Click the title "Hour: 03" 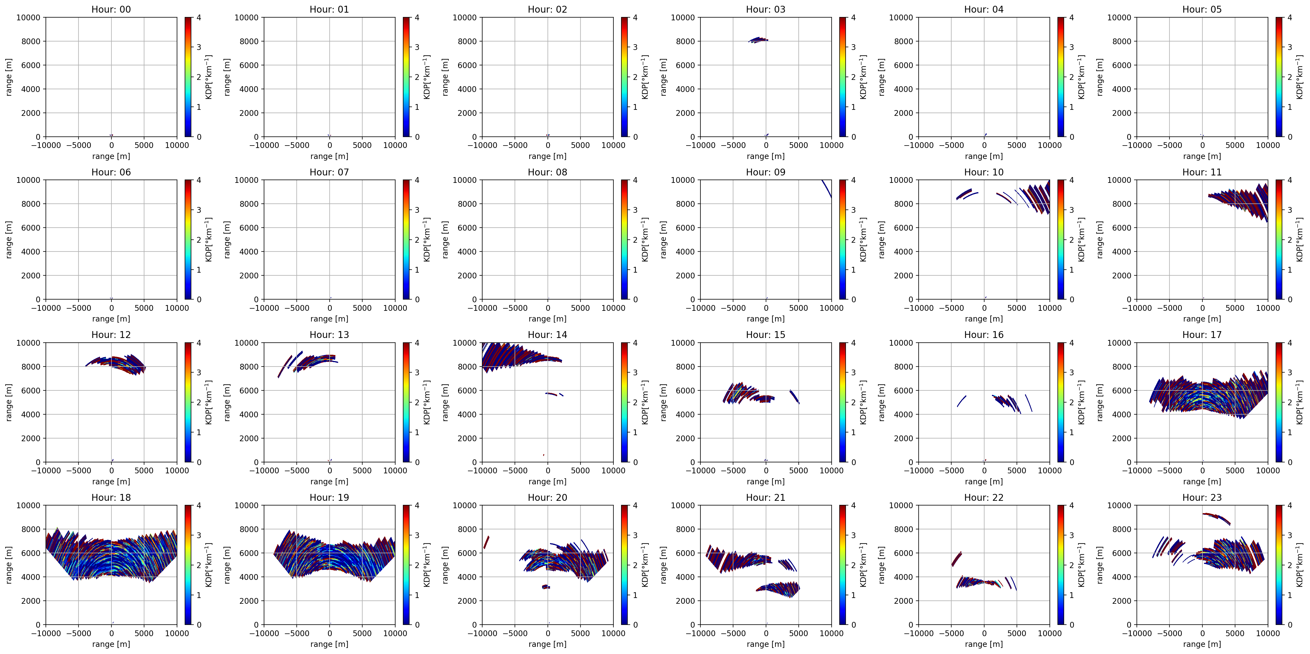[765, 9]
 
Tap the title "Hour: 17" [1202, 335]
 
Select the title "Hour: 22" [983, 498]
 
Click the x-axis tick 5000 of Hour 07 [362, 308]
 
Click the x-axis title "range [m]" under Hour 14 [547, 482]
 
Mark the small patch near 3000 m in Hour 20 [546, 587]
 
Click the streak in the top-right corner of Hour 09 [826, 188]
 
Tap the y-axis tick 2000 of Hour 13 [249, 438]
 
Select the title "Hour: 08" [547, 172]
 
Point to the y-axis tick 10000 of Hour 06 [29, 180]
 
